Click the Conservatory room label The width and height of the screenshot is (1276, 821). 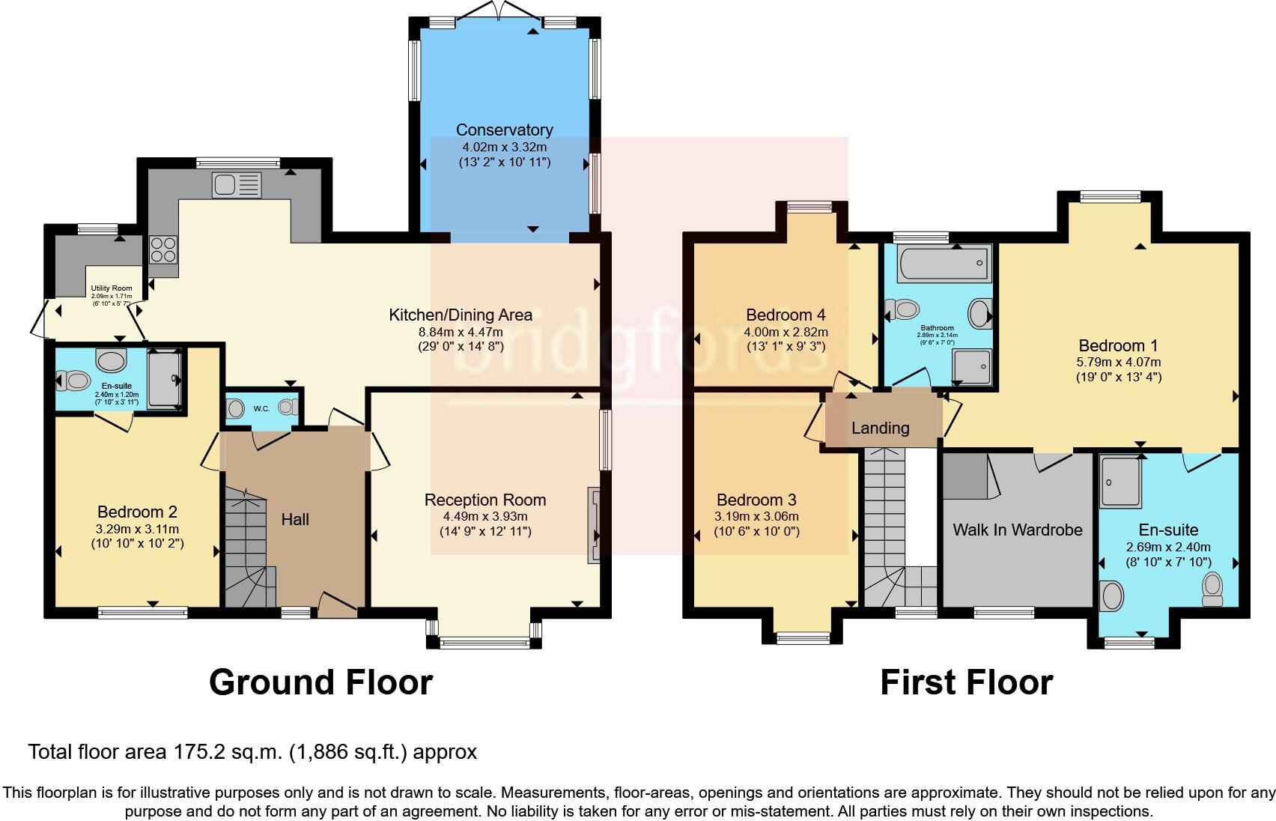click(504, 130)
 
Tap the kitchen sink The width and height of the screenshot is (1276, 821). click(237, 184)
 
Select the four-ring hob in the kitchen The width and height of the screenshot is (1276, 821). click(162, 249)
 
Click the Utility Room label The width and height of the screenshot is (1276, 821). click(112, 288)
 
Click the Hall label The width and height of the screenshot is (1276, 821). click(295, 519)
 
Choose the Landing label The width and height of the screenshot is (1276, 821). click(880, 428)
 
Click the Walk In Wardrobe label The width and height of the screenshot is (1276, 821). click(1017, 530)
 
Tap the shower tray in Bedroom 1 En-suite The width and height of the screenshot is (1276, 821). click(1120, 482)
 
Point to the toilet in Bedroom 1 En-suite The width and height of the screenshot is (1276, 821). click(1212, 589)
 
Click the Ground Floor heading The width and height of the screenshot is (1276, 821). click(320, 682)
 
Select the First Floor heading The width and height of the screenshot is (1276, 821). click(966, 682)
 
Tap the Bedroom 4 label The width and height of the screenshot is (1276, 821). click(786, 315)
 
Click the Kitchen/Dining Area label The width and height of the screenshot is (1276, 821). click(460, 315)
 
